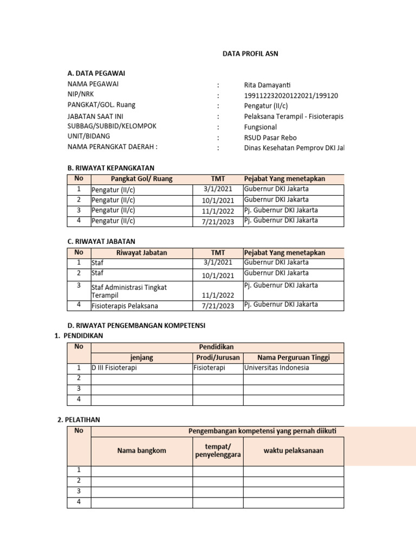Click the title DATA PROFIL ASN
(251, 54)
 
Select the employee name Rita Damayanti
(267, 85)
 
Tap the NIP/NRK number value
(291, 95)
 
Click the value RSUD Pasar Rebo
(270, 137)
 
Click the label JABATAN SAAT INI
(97, 116)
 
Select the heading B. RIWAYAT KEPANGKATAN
(111, 168)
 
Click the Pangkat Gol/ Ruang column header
(142, 179)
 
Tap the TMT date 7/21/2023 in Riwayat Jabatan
(218, 306)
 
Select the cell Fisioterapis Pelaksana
(125, 306)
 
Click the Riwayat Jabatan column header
(142, 253)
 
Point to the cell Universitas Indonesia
(277, 367)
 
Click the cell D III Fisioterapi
(114, 367)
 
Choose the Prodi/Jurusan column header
(218, 357)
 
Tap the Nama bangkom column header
(142, 450)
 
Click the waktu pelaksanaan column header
(294, 450)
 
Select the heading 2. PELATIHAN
(79, 420)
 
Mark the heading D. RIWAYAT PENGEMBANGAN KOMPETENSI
(136, 325)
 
